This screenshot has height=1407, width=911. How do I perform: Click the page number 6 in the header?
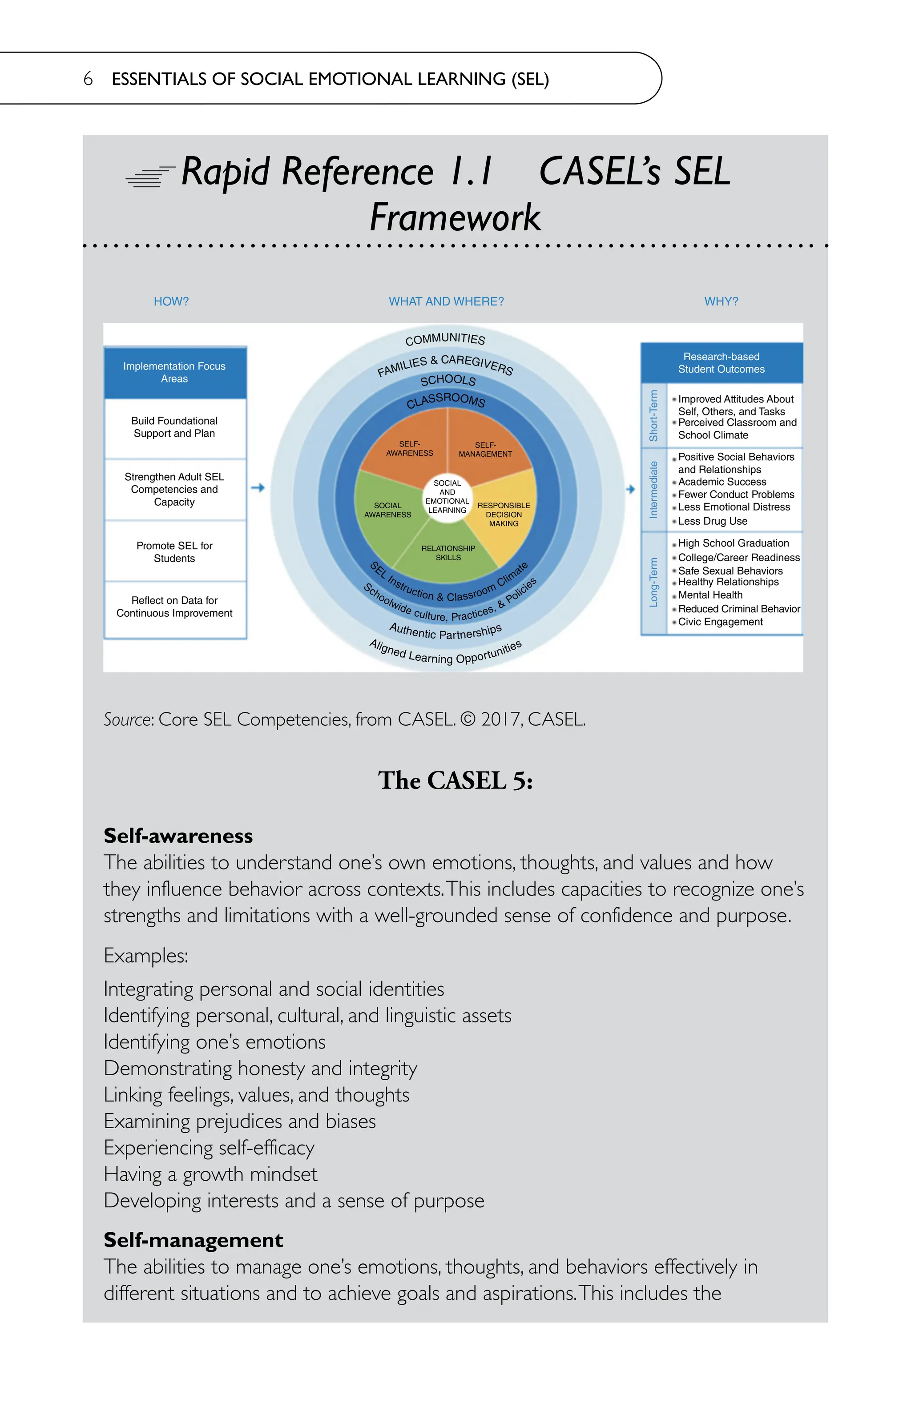88,79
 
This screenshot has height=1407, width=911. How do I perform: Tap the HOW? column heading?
171,301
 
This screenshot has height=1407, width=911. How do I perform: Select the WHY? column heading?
721,301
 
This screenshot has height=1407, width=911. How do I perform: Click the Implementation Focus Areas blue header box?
174,373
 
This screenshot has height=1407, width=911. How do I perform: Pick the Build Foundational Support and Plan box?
174,427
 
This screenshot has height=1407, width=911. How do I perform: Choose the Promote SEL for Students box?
174,551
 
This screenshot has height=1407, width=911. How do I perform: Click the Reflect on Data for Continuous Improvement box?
174,607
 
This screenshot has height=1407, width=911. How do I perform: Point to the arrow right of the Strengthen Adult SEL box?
258,488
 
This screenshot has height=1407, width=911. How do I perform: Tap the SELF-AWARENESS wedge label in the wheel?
409,449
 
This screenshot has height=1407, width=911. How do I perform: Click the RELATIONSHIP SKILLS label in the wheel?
448,553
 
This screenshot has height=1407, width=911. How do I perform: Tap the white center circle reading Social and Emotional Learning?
447,497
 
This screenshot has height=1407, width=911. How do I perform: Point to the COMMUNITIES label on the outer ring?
445,339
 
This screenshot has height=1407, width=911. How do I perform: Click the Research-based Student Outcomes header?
721,363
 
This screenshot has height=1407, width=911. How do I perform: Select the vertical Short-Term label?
653,416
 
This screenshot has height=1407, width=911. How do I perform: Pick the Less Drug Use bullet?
712,521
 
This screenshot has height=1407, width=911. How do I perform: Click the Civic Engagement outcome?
720,622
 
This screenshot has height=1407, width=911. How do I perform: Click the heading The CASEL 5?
455,780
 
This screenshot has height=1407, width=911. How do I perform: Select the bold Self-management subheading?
193,1240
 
